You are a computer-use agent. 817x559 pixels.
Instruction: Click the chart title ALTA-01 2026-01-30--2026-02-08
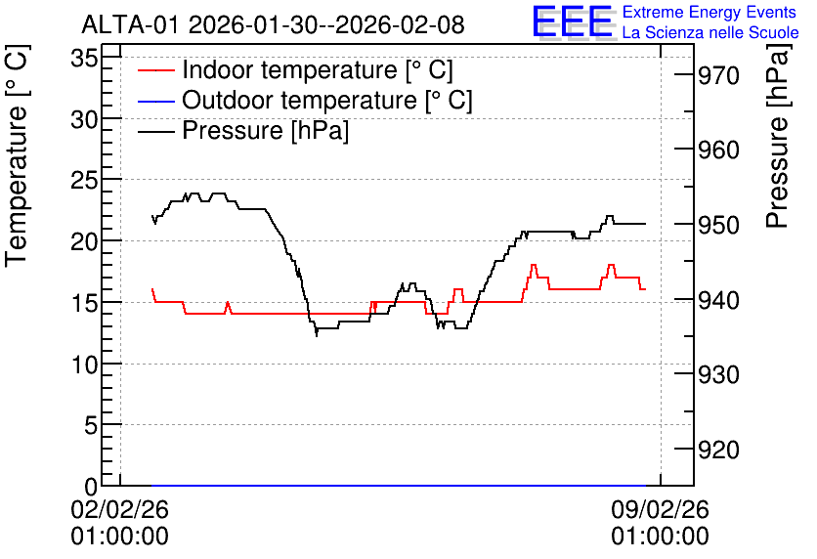tap(273, 24)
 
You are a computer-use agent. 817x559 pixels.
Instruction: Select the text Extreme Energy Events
tap(709, 12)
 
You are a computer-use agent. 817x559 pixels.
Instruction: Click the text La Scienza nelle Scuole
tap(710, 33)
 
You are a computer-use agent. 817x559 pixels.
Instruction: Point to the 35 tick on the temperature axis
tap(84, 58)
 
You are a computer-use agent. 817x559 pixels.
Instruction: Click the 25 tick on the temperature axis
tap(84, 180)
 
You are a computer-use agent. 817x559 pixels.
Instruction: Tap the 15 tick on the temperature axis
tap(84, 303)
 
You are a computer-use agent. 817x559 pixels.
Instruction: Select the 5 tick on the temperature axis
tap(91, 425)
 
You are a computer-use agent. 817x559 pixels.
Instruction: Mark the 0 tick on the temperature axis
tap(91, 487)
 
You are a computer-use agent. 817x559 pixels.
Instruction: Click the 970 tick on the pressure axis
tap(718, 76)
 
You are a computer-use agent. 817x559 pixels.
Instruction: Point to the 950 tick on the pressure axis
tap(718, 225)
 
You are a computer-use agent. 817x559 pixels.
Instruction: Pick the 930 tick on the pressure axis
tap(718, 374)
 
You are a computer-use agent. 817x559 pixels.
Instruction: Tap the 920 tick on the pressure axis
tap(718, 450)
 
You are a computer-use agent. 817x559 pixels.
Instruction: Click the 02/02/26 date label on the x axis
tap(120, 509)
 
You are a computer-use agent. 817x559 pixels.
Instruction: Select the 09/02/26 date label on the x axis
tap(661, 509)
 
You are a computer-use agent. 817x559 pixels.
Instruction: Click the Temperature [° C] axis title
tap(18, 156)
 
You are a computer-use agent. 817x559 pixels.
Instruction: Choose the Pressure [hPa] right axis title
tap(778, 136)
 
